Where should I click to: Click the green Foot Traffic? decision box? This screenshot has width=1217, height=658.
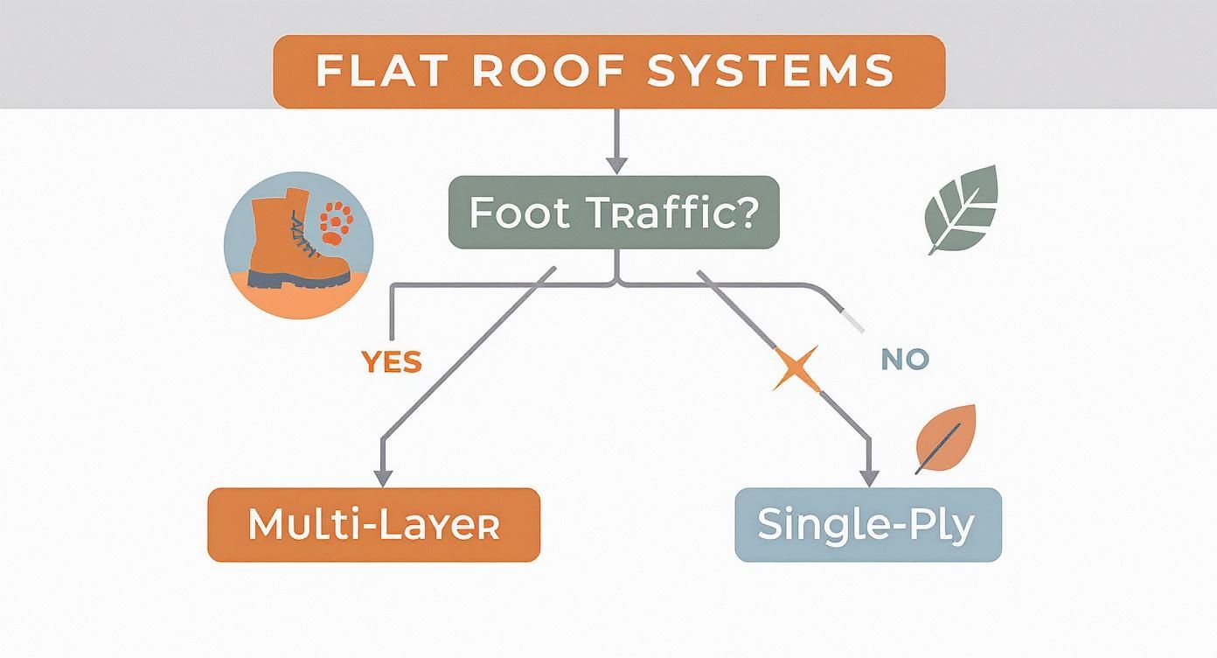pos(612,213)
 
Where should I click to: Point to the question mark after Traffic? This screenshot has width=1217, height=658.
pos(741,213)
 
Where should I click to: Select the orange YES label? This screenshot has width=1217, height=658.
pos(391,361)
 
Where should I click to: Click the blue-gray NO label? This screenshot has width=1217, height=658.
pos(905,359)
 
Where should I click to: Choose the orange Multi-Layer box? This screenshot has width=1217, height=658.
pos(373,524)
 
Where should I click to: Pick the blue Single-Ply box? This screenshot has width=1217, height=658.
pos(866,524)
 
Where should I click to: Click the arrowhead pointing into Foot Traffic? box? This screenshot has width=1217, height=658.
pos(617,164)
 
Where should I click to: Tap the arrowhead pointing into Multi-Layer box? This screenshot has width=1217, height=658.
pos(382,476)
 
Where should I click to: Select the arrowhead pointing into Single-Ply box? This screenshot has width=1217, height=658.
pos(868,476)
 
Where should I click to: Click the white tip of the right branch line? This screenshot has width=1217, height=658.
pos(852,321)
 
